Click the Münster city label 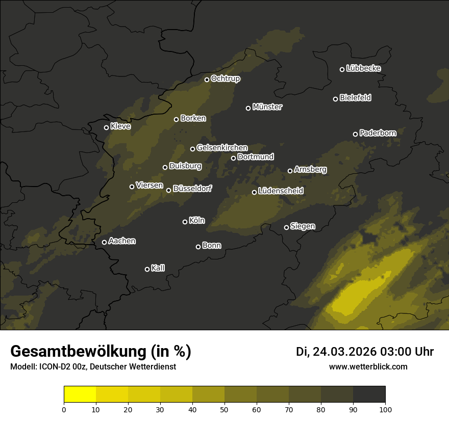click(267, 107)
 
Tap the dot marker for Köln click(185, 222)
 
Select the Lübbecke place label click(363, 68)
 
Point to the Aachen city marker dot click(104, 242)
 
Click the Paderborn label click(378, 133)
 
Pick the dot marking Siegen click(286, 227)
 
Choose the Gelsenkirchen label click(222, 148)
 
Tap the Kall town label click(158, 268)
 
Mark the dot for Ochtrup click(207, 80)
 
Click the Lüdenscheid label click(281, 191)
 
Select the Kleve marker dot click(106, 127)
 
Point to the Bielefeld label click(355, 97)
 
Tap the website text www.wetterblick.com click(368, 366)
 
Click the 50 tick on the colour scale click(224, 409)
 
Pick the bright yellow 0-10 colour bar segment click(80, 394)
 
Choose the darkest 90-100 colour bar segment click(369, 394)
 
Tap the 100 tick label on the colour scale click(385, 409)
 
